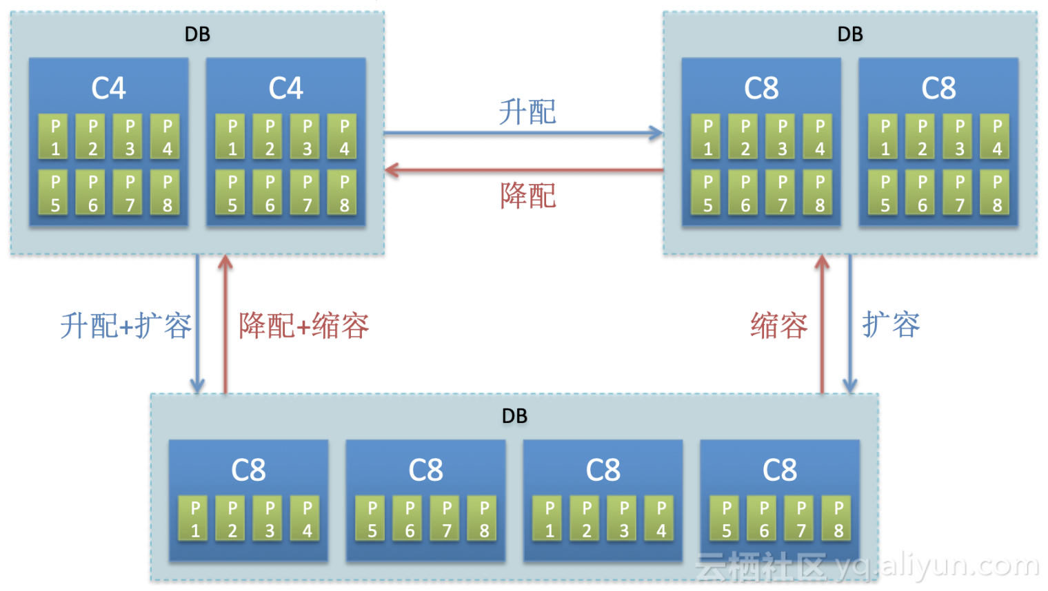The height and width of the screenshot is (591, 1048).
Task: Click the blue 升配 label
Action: tap(527, 112)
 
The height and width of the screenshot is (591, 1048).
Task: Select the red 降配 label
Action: tap(527, 196)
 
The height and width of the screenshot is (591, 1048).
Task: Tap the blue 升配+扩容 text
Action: tap(125, 325)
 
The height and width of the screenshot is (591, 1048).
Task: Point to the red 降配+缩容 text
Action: tap(303, 325)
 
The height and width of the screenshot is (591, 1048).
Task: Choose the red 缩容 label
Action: tap(778, 325)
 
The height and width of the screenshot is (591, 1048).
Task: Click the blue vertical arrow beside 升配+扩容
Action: tap(198, 324)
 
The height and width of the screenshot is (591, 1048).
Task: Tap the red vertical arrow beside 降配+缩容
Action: tap(225, 324)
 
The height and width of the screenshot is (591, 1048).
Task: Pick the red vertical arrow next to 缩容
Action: tap(822, 324)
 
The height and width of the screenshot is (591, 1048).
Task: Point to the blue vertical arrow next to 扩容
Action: tap(850, 324)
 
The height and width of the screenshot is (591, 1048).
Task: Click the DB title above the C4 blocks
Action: tap(197, 34)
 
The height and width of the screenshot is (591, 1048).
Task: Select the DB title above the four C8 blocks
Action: tap(514, 415)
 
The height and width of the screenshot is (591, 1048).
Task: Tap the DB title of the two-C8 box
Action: tap(850, 34)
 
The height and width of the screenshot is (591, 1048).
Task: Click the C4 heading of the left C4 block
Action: tap(109, 88)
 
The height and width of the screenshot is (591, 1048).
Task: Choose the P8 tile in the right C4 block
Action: tap(344, 193)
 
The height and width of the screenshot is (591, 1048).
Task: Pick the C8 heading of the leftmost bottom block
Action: tap(248, 470)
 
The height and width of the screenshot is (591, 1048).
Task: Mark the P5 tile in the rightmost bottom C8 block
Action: tap(726, 519)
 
